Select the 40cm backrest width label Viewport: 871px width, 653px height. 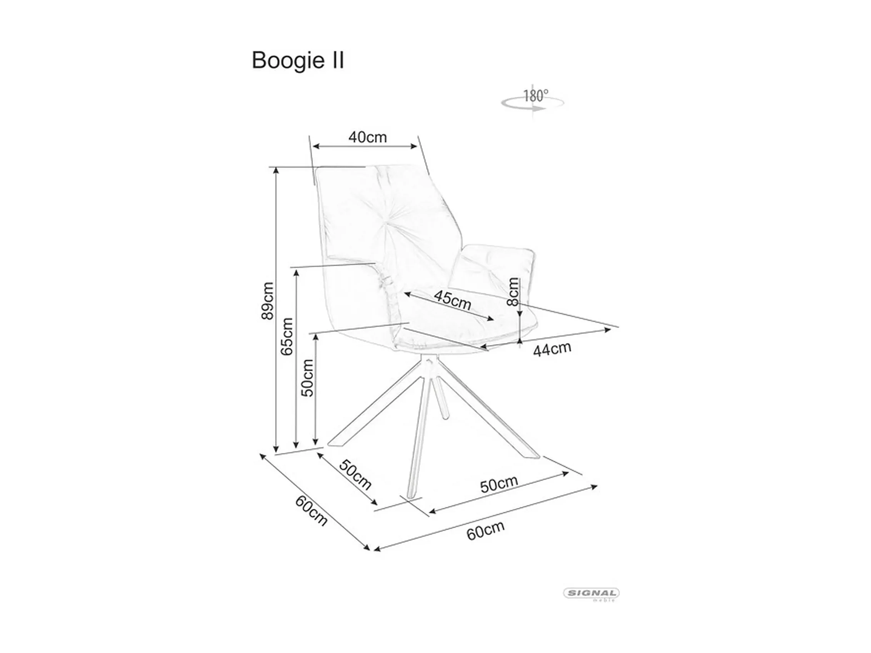click(x=367, y=137)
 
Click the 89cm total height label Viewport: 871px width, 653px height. click(x=267, y=300)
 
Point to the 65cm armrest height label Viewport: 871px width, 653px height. click(x=287, y=337)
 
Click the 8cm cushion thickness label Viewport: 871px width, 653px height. click(x=513, y=292)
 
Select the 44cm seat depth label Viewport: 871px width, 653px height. click(x=552, y=349)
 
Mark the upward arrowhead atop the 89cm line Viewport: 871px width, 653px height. click(x=276, y=170)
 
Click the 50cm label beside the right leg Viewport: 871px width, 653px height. click(x=498, y=484)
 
